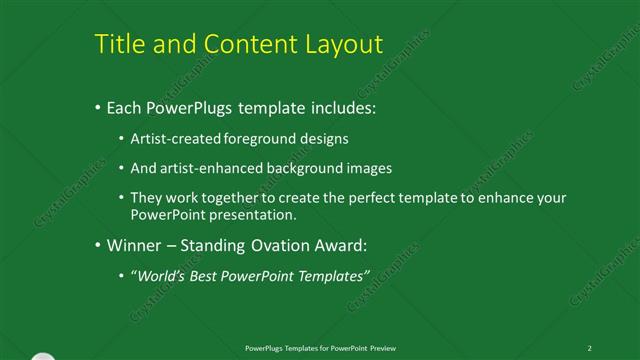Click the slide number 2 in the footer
(590, 346)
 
